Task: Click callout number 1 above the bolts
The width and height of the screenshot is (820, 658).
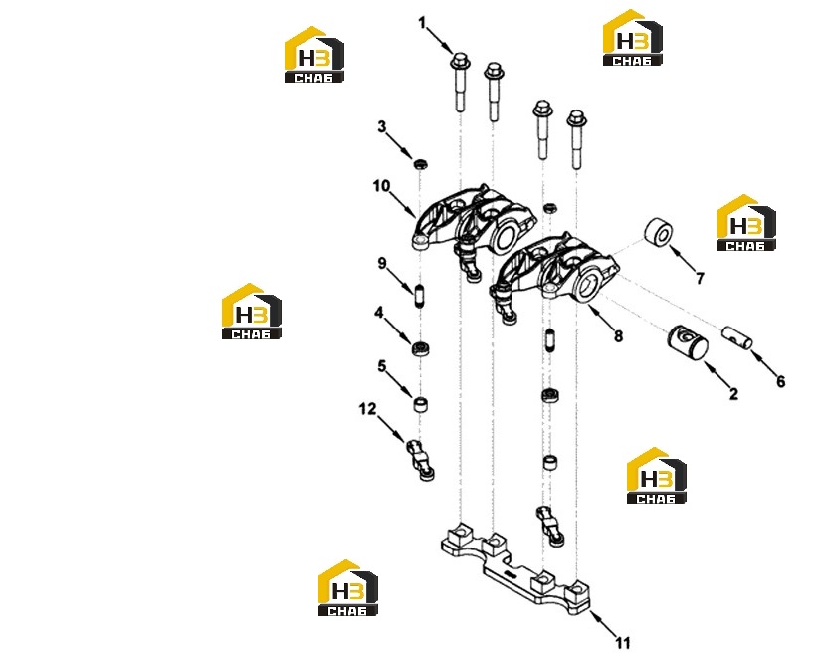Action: pyautogui.click(x=423, y=23)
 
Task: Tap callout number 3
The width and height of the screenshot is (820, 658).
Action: pyautogui.click(x=382, y=126)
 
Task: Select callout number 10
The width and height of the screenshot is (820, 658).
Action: pyautogui.click(x=381, y=186)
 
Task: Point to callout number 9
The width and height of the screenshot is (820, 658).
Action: pyautogui.click(x=382, y=263)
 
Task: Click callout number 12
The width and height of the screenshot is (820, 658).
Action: pyautogui.click(x=367, y=409)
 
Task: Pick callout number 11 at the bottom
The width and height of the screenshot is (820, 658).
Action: pyautogui.click(x=622, y=642)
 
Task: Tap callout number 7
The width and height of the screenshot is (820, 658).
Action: pyautogui.click(x=700, y=279)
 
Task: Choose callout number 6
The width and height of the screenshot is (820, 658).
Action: pyautogui.click(x=780, y=382)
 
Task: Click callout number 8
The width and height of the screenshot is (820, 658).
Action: pyautogui.click(x=618, y=336)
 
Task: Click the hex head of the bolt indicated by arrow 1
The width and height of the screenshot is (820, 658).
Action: pyautogui.click(x=460, y=61)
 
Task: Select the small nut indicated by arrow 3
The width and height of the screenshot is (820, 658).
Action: pyautogui.click(x=421, y=164)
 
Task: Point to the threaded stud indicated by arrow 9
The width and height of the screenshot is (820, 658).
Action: pyautogui.click(x=419, y=296)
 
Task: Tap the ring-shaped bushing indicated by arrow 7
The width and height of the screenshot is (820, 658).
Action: pyautogui.click(x=658, y=233)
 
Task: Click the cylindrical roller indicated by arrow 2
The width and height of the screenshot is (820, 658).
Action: pyautogui.click(x=688, y=343)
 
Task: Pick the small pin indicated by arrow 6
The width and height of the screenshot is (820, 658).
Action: pyautogui.click(x=737, y=337)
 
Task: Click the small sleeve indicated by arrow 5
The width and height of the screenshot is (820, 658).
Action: pyautogui.click(x=421, y=404)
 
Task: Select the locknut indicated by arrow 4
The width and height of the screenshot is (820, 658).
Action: pyautogui.click(x=421, y=348)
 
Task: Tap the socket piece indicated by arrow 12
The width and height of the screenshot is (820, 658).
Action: pyautogui.click(x=421, y=460)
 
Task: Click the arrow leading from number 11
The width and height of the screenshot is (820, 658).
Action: pyautogui.click(x=602, y=622)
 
